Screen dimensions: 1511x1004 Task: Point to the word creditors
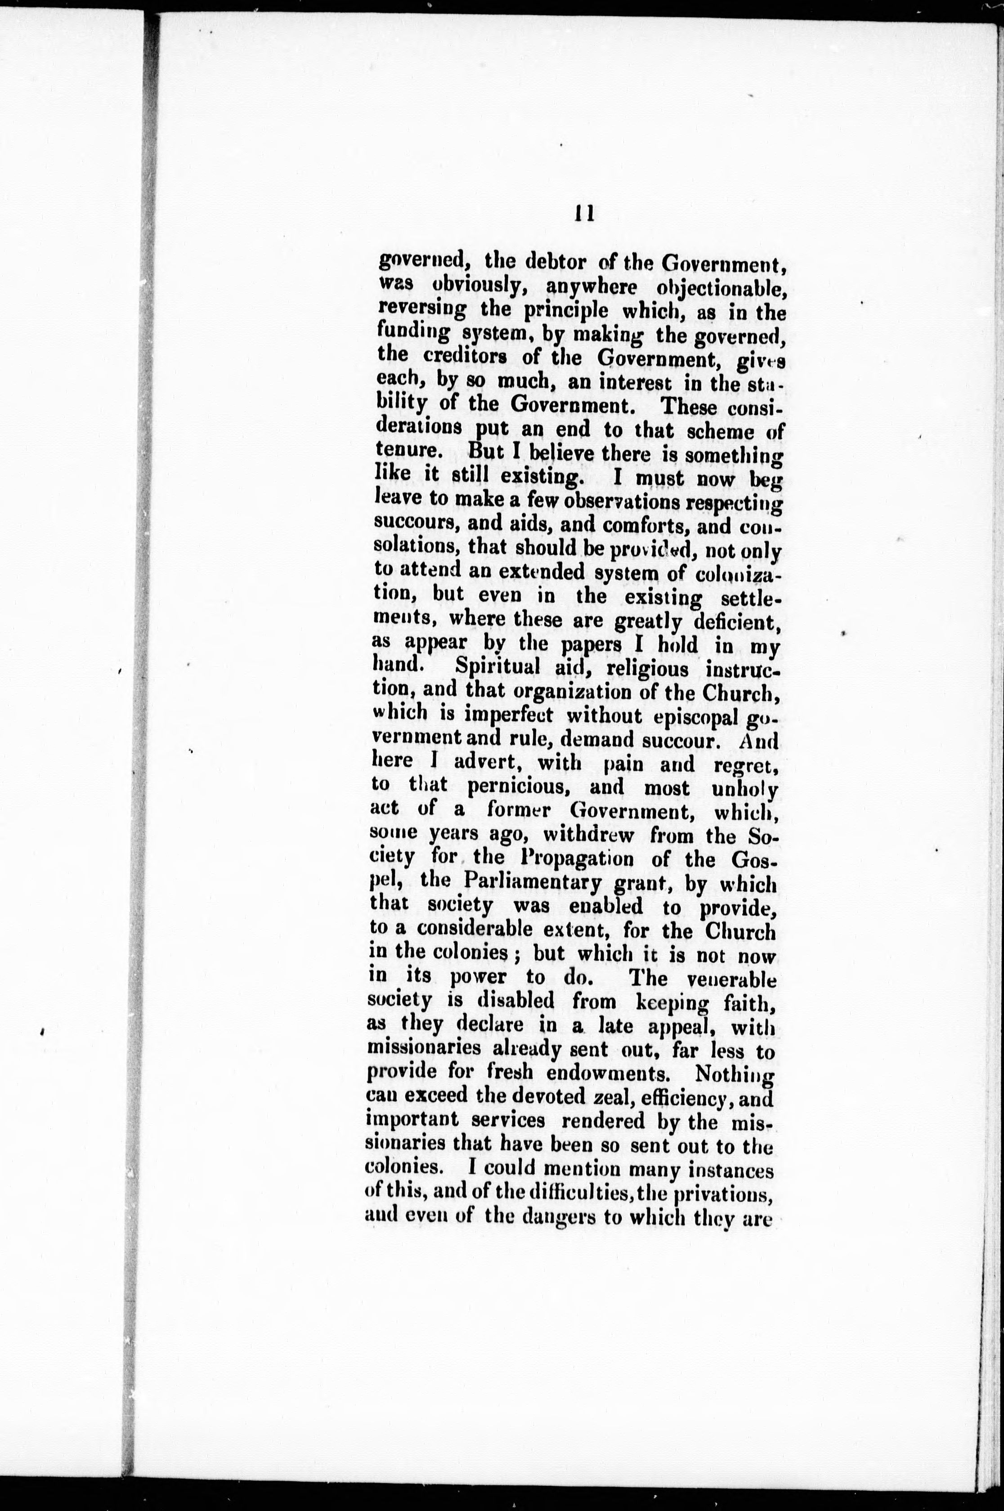point(461,357)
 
